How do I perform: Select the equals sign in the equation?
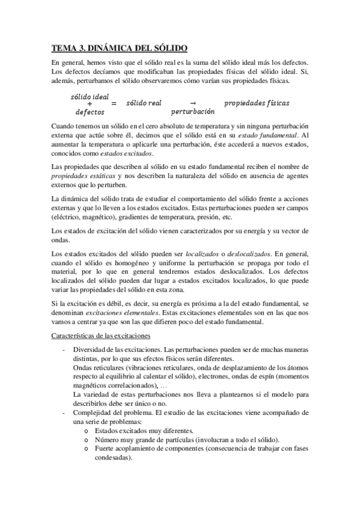pos(114,103)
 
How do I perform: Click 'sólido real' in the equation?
pos(144,103)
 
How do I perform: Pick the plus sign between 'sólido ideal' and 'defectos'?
pos(89,103)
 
